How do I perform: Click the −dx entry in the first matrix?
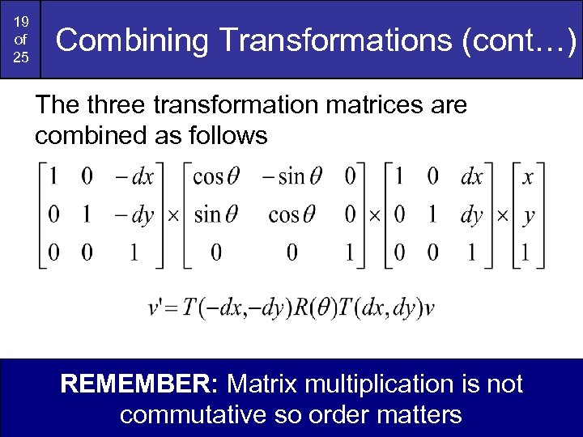click(134, 176)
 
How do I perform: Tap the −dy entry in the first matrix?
click(134, 215)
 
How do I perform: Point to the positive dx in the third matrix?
click(471, 176)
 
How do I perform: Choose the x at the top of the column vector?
click(527, 176)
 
